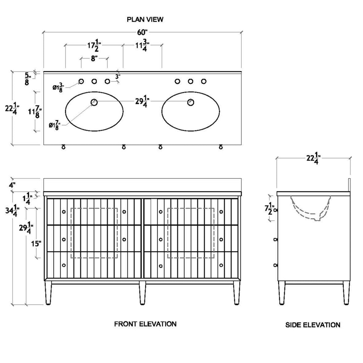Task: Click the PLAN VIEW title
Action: coord(145,19)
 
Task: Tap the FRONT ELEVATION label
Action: coord(145,324)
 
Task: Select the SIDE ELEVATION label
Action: coord(313,325)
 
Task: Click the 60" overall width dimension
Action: coord(143,33)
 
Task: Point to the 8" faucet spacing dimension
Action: coord(94,58)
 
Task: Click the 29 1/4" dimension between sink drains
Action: coord(142,102)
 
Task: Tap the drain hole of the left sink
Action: coord(94,102)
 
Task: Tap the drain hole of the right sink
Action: coord(191,102)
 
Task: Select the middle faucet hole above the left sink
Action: coord(94,81)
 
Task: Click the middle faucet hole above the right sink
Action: coord(191,81)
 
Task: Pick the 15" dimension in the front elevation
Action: coord(37,244)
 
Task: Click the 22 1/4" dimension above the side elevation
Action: coord(313,158)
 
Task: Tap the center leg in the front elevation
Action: coord(142,293)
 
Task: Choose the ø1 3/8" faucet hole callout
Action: coord(58,87)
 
